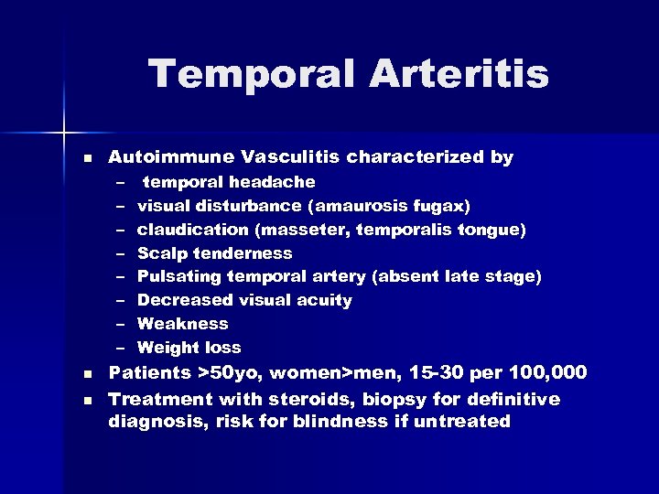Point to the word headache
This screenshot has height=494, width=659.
coord(274,182)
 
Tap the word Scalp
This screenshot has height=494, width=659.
coord(161,253)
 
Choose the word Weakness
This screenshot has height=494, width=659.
coord(183,324)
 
